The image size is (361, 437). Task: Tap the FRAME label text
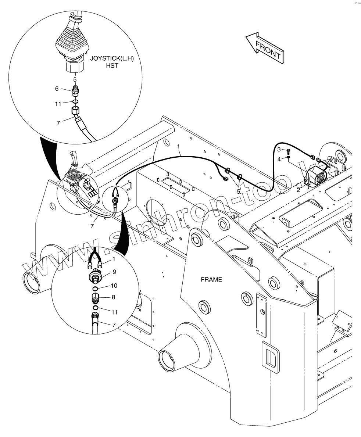[211, 280]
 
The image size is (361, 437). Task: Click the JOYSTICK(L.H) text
[107, 58]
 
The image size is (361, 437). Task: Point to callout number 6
[57, 89]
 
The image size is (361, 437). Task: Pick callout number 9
[114, 272]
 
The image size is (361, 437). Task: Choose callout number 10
[114, 286]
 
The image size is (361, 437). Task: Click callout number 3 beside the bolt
[279, 149]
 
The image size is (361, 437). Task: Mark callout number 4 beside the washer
[279, 159]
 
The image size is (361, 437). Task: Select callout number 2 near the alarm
[299, 190]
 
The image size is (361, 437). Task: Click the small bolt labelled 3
[288, 151]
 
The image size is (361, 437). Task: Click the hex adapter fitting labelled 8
[95, 298]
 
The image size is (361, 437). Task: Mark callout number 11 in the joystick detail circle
[58, 104]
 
